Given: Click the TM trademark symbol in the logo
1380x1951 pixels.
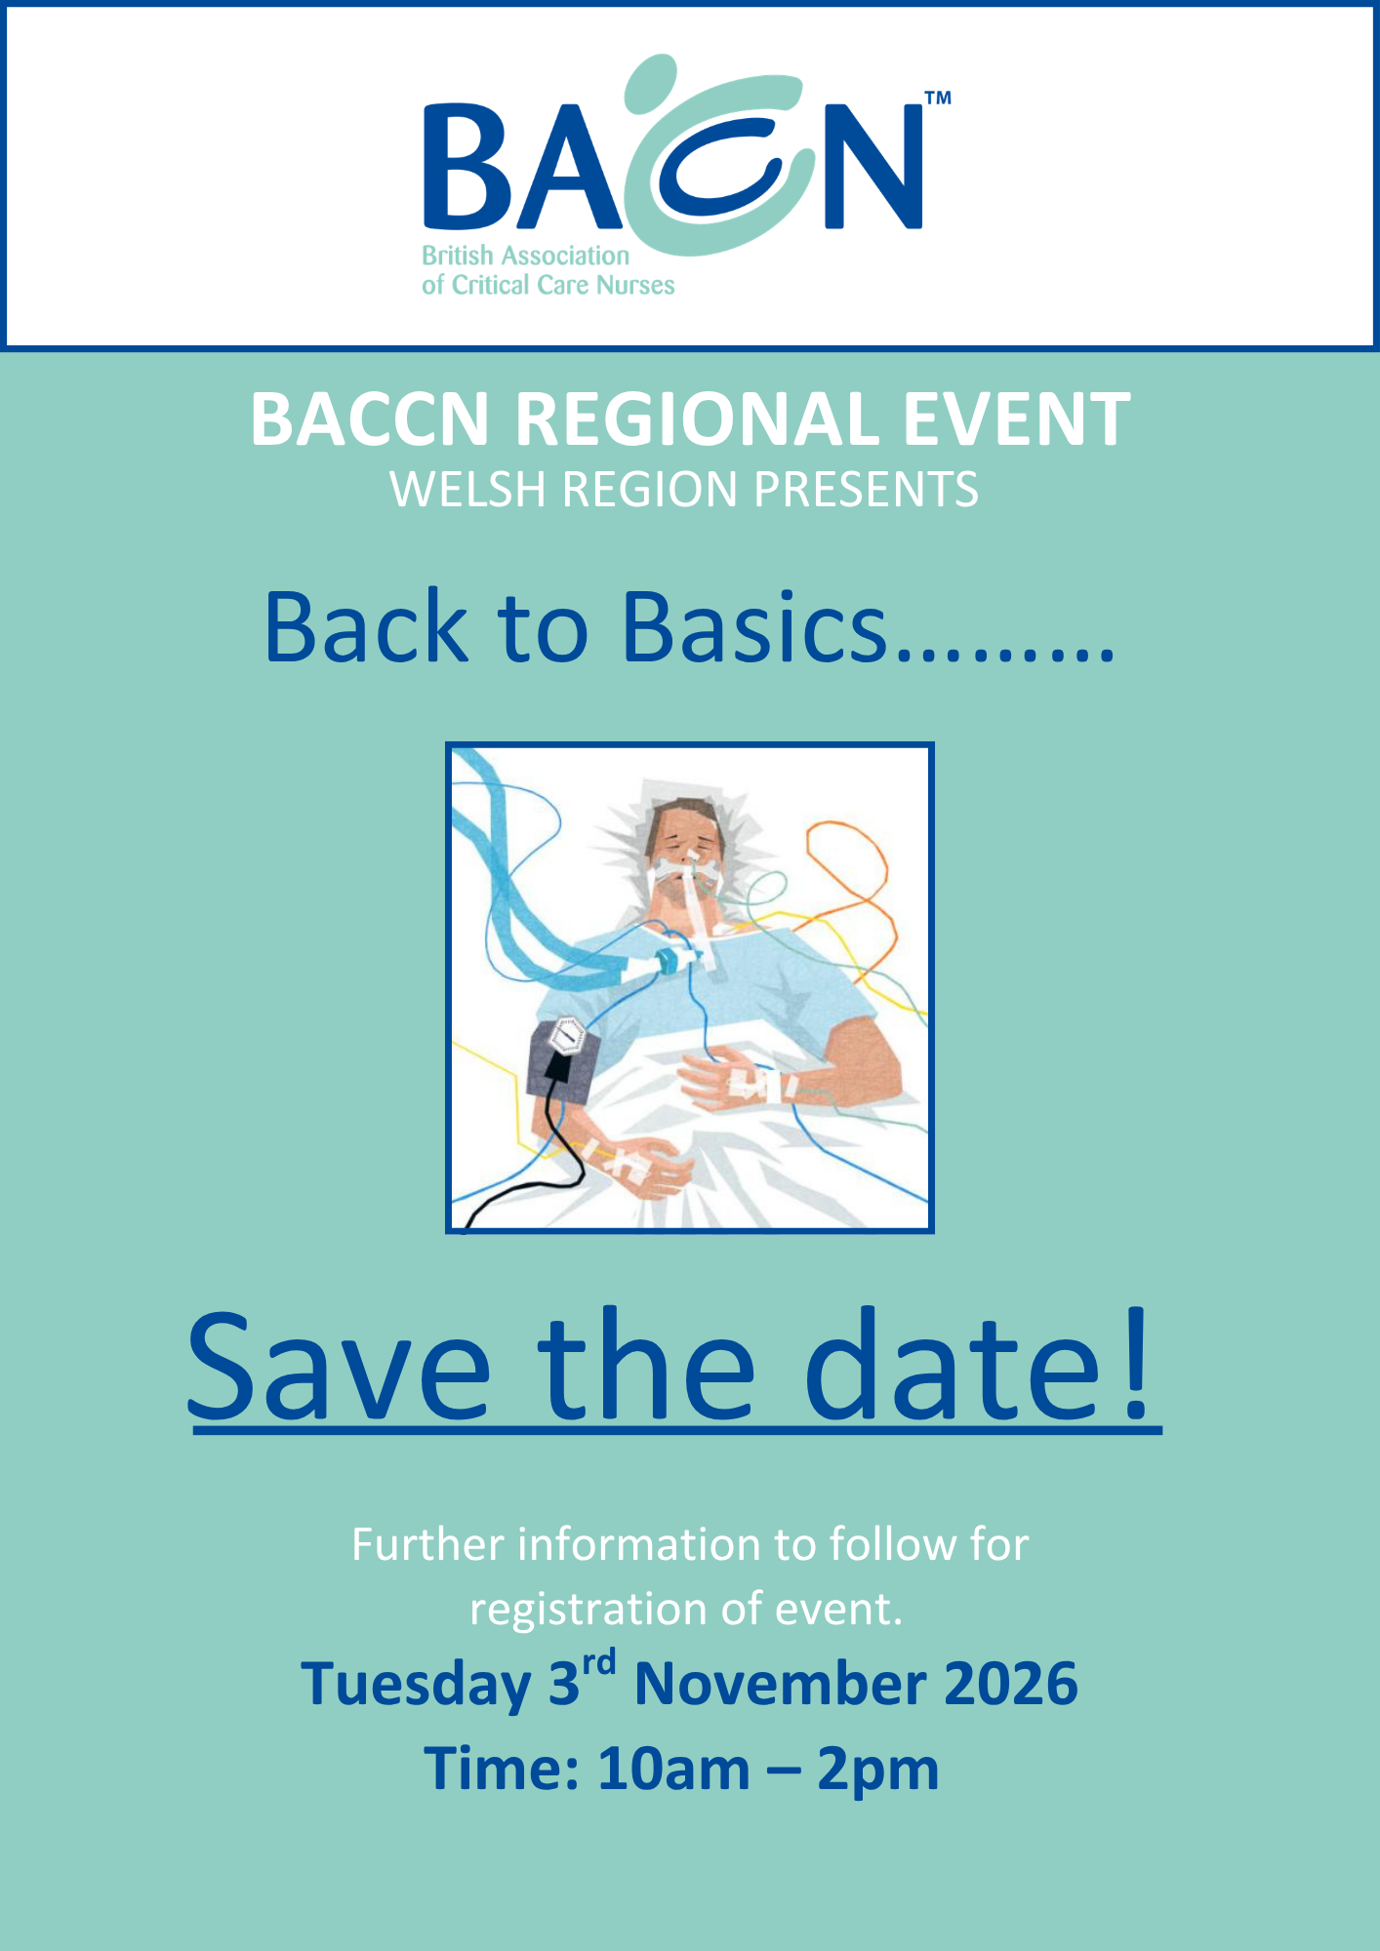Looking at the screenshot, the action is pyautogui.click(x=937, y=98).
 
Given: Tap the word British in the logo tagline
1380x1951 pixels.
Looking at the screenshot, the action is pyautogui.click(x=457, y=256).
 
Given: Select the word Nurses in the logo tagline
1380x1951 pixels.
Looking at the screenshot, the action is pyautogui.click(x=635, y=285).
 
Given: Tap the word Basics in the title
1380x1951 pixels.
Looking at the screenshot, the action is pyautogui.click(x=754, y=627).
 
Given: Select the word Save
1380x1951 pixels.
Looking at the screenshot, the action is pyautogui.click(x=339, y=1366).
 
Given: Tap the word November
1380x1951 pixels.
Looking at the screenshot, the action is pyautogui.click(x=781, y=1685).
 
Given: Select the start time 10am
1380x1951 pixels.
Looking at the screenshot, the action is pyautogui.click(x=673, y=1770).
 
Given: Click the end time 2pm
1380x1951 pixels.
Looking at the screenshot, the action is pyautogui.click(x=877, y=1772).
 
